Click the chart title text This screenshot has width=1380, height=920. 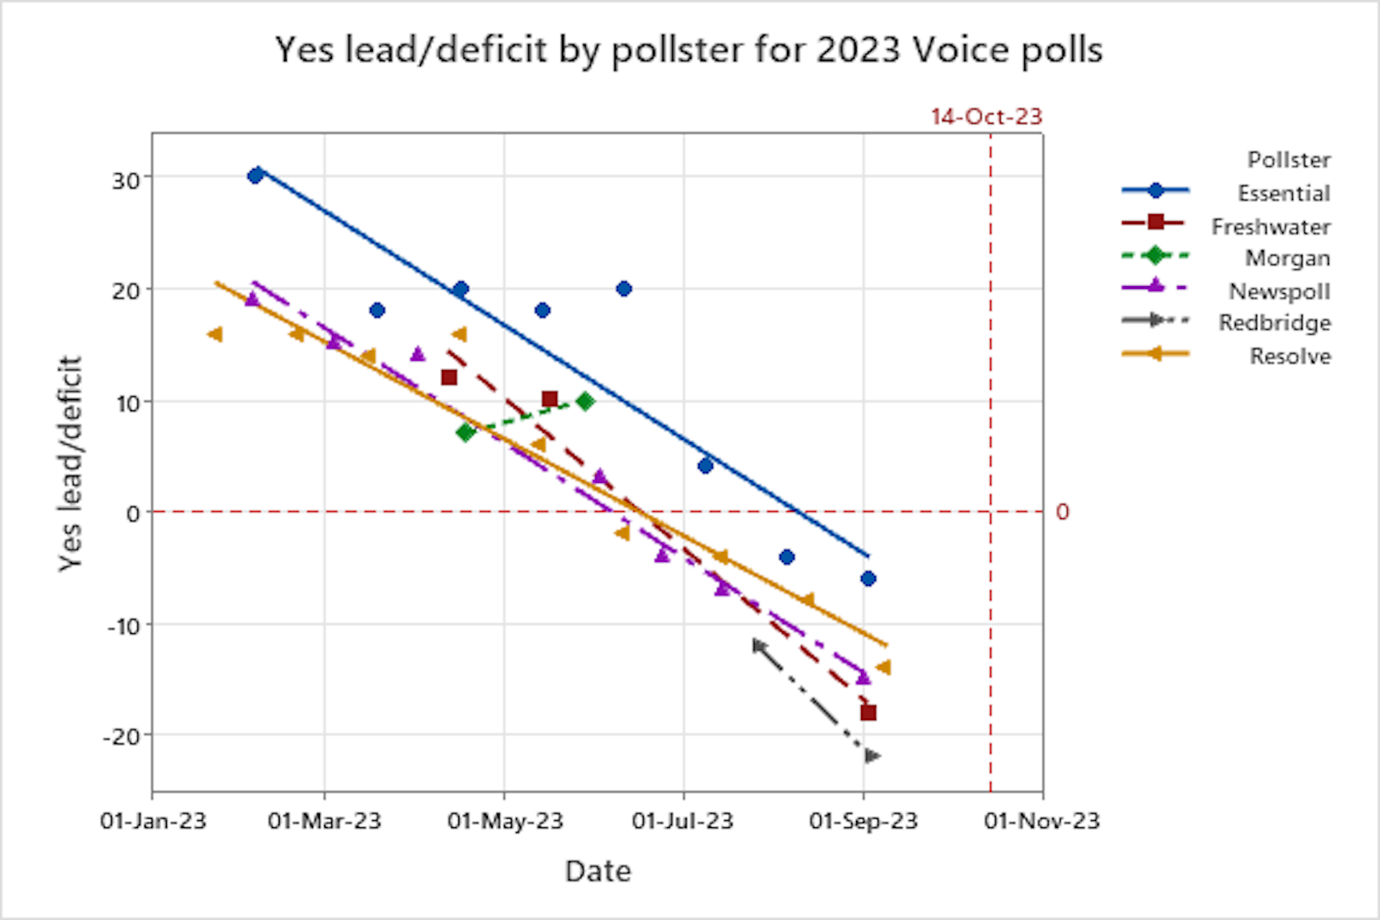689,50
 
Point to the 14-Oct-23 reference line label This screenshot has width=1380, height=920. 986,116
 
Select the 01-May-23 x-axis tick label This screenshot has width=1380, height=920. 505,821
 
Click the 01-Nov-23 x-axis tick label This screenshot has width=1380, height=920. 1041,821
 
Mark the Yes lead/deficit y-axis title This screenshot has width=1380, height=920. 70,464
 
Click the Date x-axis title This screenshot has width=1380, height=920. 598,871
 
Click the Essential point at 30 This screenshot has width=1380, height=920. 255,176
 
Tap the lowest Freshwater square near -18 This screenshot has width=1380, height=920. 868,712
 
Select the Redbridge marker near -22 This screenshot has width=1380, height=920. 872,756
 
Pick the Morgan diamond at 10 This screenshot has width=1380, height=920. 585,401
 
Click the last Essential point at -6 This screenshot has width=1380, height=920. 868,579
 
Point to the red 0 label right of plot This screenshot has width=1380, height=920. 1062,512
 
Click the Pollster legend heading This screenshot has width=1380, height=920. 1289,160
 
